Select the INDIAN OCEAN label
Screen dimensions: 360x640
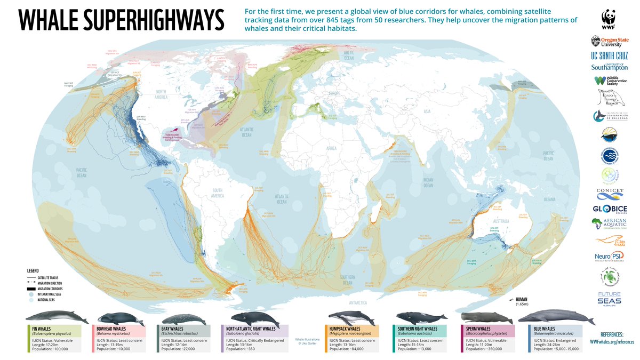(x=427, y=183)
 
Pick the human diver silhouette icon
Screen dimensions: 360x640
(x=510, y=300)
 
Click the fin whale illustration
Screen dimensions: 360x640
(x=53, y=317)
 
